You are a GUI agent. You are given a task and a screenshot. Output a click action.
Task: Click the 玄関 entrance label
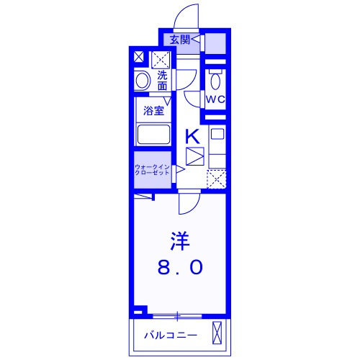[x=180, y=40]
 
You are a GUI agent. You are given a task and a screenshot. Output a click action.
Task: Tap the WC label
[x=215, y=99]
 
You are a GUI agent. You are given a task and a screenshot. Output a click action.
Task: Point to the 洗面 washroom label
[x=163, y=81]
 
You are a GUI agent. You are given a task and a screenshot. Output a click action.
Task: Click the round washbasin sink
[x=142, y=81]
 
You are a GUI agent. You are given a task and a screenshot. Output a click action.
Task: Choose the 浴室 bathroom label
[x=154, y=111]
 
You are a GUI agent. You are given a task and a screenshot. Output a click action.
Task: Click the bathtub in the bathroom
[x=153, y=135]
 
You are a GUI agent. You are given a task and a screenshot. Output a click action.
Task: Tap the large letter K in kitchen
[x=193, y=136]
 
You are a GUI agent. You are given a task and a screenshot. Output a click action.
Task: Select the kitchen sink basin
[x=217, y=134]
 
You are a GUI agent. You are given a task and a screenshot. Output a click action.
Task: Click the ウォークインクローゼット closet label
[x=152, y=170]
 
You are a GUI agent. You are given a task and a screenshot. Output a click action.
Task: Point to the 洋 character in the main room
[x=180, y=241]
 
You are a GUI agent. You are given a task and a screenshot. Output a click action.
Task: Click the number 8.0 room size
[x=180, y=268]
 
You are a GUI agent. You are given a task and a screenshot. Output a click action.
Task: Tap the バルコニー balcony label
[x=171, y=336]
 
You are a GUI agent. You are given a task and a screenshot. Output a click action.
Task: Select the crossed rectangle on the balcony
[x=217, y=333]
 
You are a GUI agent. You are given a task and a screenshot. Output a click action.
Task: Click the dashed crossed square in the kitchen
[x=217, y=179]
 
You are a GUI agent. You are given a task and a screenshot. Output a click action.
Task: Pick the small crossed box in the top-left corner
[x=139, y=57]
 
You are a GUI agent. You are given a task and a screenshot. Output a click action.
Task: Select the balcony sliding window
[x=177, y=316]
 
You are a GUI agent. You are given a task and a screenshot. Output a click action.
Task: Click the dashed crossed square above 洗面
[x=161, y=60]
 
